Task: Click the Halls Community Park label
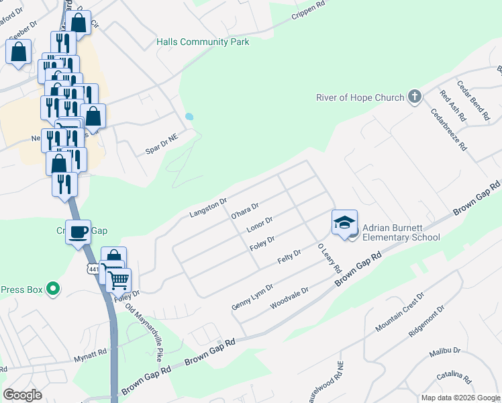(x=203, y=42)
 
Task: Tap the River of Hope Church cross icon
(x=415, y=97)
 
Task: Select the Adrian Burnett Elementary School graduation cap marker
(x=344, y=223)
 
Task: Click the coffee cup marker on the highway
(x=79, y=232)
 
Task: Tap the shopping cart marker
(x=119, y=279)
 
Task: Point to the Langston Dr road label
(x=209, y=207)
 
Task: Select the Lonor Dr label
(x=259, y=224)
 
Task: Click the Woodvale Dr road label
(x=289, y=298)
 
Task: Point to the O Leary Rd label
(x=330, y=258)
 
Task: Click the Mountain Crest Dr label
(x=400, y=312)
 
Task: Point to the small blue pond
(x=189, y=116)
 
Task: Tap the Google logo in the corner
(x=23, y=395)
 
